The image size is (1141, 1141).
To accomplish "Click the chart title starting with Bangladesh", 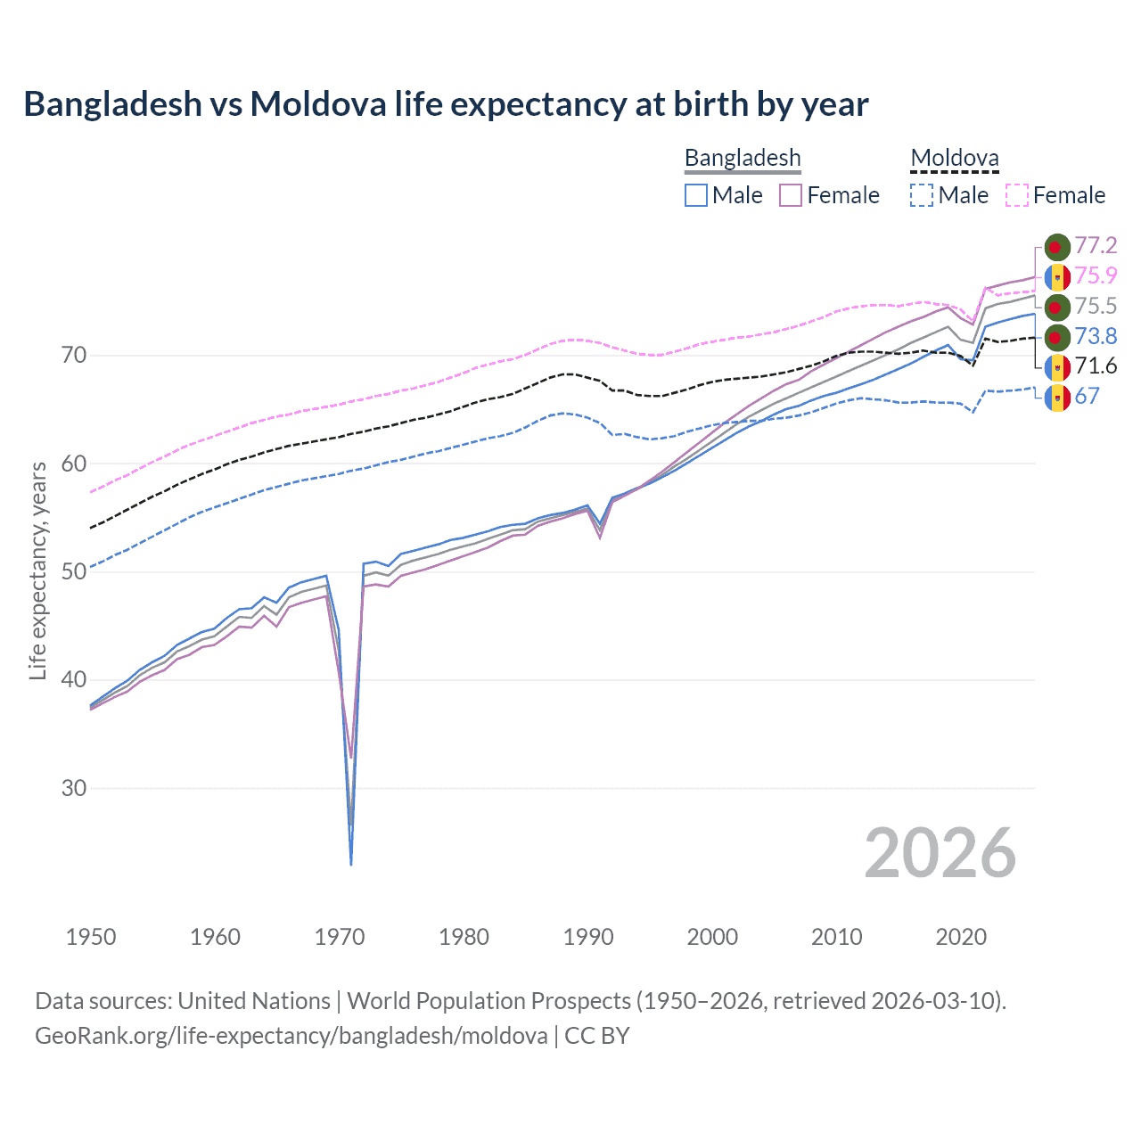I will pyautogui.click(x=446, y=104).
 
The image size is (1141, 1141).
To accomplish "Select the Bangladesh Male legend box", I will pyautogui.click(x=696, y=195).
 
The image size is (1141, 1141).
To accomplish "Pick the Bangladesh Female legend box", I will pyautogui.click(x=791, y=195).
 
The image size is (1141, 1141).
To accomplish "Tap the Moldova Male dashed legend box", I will pyautogui.click(x=922, y=195).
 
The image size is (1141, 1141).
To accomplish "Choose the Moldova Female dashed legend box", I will pyautogui.click(x=1017, y=195).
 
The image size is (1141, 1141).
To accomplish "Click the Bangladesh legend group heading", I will pyautogui.click(x=743, y=158).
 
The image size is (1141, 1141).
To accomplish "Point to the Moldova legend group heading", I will pyautogui.click(x=954, y=158).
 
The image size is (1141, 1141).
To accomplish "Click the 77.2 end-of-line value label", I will pyautogui.click(x=1096, y=246).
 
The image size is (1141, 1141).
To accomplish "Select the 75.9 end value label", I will pyautogui.click(x=1096, y=275).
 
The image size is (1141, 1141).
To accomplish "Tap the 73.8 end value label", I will pyautogui.click(x=1096, y=336).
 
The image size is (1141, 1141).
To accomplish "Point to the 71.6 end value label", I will pyautogui.click(x=1096, y=365).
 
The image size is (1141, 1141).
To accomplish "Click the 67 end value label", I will pyautogui.click(x=1087, y=396).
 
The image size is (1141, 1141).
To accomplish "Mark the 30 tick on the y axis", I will pyautogui.click(x=74, y=788).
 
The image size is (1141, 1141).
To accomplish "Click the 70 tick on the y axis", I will pyautogui.click(x=74, y=356).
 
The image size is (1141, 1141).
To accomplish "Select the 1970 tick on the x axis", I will pyautogui.click(x=340, y=937).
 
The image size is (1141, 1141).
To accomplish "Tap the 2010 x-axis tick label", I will pyautogui.click(x=836, y=937).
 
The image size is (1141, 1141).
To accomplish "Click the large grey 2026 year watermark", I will pyautogui.click(x=940, y=853).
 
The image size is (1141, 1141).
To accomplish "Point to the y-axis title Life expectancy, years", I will pyautogui.click(x=37, y=570).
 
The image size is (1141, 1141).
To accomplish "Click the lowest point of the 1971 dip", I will pyautogui.click(x=351, y=864).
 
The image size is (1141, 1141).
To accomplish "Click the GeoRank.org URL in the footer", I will pyautogui.click(x=291, y=1035).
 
